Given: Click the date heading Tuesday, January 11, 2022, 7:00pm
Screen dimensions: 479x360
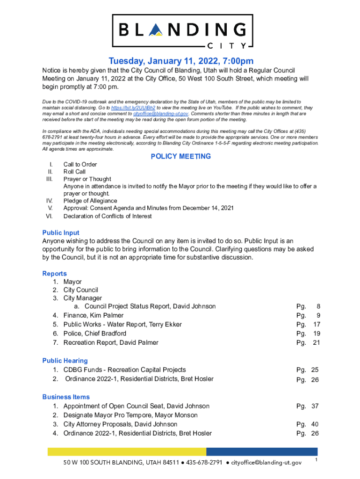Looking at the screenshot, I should coord(181,61).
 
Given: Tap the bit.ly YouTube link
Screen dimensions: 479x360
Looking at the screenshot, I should coord(142,108).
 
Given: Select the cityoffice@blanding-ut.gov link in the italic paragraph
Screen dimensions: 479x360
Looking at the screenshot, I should coord(160,114).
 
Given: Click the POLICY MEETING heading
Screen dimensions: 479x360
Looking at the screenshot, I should coord(180,157).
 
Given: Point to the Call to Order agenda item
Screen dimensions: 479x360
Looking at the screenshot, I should coord(80,165).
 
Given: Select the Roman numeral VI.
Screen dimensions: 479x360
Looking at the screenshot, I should coord(49,216).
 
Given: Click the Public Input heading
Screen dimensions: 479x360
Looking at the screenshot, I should coord(61,232).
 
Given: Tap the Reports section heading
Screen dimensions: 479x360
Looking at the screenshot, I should coord(55,274).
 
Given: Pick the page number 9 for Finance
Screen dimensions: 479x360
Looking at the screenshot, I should coord(318,315).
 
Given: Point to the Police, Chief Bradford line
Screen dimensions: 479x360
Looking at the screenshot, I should coord(94,334).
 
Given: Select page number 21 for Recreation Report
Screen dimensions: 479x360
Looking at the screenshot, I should coord(316,342).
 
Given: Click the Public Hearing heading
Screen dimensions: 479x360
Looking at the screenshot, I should coord(65,361).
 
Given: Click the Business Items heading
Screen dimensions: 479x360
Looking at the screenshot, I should coord(66,397).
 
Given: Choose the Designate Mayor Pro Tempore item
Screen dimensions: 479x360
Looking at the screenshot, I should coord(130,415).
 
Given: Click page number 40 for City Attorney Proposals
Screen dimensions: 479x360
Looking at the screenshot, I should coord(315,424).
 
